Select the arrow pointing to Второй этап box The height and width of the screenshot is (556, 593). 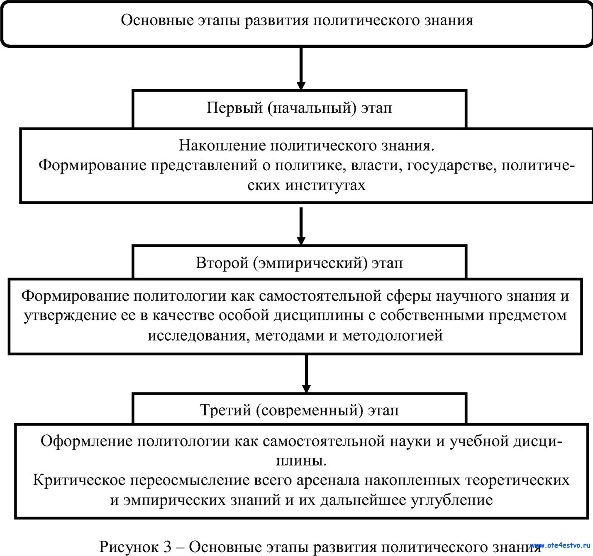301,226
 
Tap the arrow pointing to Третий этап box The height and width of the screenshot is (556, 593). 306,373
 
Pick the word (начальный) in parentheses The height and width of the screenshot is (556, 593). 312,108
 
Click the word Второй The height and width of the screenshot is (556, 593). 222,263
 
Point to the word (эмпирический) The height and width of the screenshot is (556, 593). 310,263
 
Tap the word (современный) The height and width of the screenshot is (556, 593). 309,410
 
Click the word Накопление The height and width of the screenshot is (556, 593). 222,146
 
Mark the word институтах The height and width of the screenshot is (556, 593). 325,185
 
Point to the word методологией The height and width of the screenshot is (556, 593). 392,335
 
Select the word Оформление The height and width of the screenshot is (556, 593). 87,441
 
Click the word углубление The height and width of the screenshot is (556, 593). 451,500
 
